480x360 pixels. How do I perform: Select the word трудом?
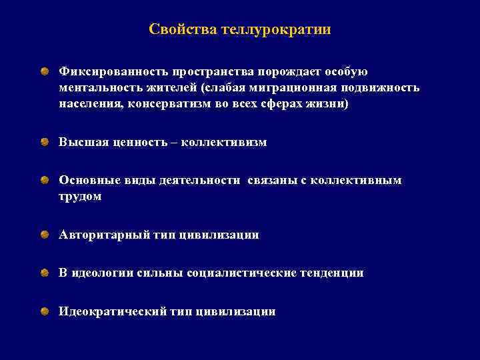(80, 197)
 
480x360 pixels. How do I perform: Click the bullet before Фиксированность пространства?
(43, 71)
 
